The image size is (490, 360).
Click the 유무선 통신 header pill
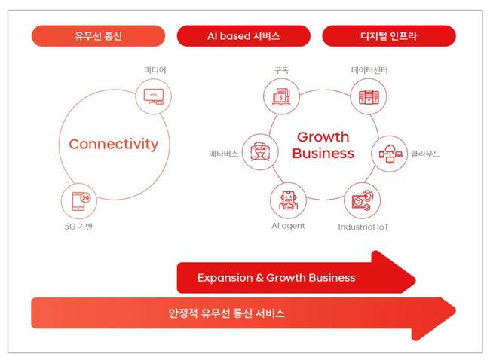(99, 36)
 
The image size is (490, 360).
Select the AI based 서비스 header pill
(243, 36)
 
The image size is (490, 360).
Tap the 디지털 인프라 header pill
(389, 36)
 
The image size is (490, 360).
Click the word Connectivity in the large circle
(114, 145)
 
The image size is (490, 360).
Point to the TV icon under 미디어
(154, 96)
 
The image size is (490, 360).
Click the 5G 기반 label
(78, 227)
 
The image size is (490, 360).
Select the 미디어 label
(155, 70)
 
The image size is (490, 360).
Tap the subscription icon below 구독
(281, 96)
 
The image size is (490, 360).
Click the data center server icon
(369, 97)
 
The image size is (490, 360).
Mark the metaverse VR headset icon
(260, 152)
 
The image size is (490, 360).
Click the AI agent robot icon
(288, 200)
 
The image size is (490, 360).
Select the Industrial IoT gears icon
(362, 201)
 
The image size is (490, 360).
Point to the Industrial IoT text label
(363, 227)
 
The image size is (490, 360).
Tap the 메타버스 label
(223, 154)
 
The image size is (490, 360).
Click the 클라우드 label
(425, 154)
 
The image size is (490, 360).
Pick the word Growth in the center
(323, 137)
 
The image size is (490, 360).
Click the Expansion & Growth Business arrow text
(276, 278)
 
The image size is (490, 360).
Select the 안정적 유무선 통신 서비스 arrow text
(227, 313)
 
